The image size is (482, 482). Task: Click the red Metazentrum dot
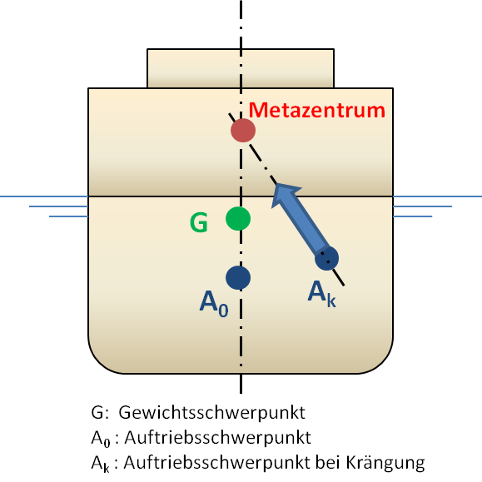[243, 131]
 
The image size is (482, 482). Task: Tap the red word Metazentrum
[316, 110]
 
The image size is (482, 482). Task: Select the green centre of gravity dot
[238, 219]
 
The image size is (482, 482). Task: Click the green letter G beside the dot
[199, 222]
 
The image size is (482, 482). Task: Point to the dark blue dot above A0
[238, 277]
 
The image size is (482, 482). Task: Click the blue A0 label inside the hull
[214, 303]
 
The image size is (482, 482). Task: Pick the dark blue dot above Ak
[327, 258]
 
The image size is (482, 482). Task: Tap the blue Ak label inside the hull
[322, 294]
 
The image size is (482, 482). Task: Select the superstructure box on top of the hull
[241, 68]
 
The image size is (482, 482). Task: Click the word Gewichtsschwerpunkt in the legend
[211, 413]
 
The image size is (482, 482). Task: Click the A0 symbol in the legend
[100, 439]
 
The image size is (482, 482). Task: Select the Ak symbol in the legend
[100, 464]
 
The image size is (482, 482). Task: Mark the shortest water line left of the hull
[68, 216]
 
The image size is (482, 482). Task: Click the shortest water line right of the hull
[413, 216]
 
